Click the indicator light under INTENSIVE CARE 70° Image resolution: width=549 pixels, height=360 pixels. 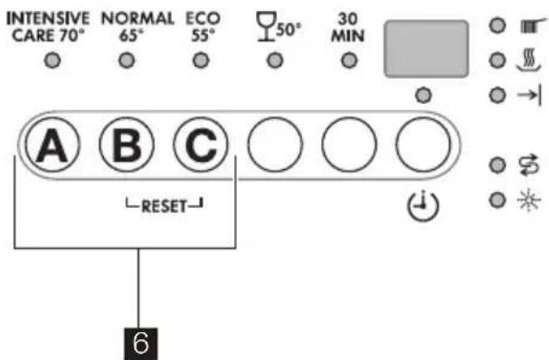[x=52, y=62]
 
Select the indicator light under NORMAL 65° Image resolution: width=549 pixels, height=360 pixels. [x=126, y=62]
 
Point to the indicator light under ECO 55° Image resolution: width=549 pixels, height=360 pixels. [x=200, y=62]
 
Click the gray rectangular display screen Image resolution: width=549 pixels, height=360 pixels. [x=425, y=47]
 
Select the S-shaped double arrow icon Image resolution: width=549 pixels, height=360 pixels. [x=525, y=165]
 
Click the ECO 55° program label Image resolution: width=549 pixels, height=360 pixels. [x=201, y=24]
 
